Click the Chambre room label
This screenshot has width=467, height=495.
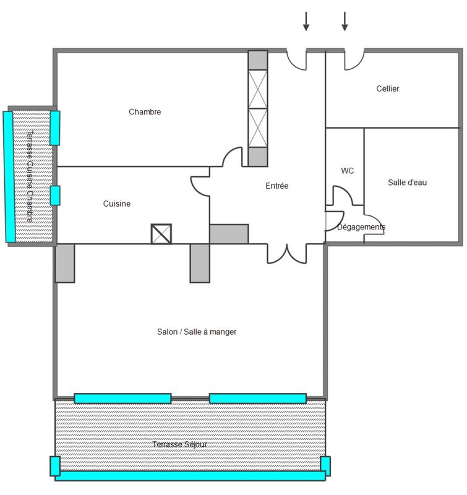click(145, 112)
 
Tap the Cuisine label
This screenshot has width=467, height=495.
click(117, 204)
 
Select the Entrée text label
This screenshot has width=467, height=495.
click(277, 186)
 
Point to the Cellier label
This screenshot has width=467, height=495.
click(388, 88)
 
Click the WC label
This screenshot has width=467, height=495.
click(348, 171)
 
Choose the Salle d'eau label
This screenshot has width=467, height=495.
click(407, 182)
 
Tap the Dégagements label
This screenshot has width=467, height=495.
click(361, 227)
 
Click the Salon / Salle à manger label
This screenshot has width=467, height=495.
click(197, 332)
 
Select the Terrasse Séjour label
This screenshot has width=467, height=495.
click(179, 444)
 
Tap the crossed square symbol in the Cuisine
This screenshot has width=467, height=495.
click(161, 234)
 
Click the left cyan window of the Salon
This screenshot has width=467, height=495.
click(122, 398)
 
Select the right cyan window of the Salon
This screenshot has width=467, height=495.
click(258, 398)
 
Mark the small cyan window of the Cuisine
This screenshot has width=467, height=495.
click(55, 195)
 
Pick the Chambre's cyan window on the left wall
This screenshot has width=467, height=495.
click(55, 127)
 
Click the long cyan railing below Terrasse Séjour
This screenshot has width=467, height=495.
click(190, 475)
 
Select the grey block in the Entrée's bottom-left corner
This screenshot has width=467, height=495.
click(229, 234)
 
